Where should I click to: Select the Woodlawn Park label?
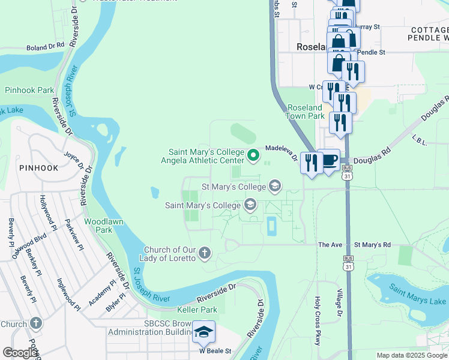click(98, 226)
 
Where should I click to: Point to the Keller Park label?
click(197, 310)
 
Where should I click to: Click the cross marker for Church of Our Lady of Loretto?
click(205, 253)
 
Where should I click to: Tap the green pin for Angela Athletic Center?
click(253, 156)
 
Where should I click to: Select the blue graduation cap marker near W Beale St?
click(204, 332)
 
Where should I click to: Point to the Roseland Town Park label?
click(306, 112)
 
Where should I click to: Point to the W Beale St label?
click(215, 351)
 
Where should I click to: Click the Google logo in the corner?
click(19, 353)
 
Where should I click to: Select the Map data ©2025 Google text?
click(411, 355)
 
